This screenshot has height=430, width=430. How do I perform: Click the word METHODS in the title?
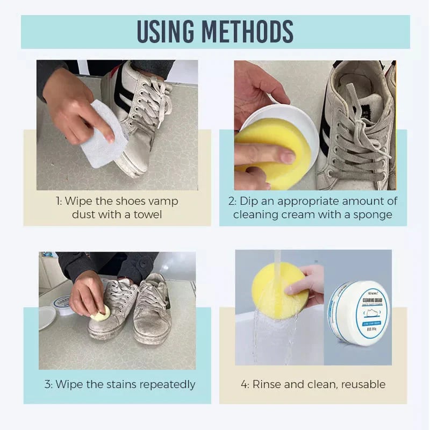click(253, 32)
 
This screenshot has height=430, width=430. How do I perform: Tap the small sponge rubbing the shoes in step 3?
click(101, 314)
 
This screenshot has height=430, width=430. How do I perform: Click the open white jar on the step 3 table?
click(62, 304)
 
